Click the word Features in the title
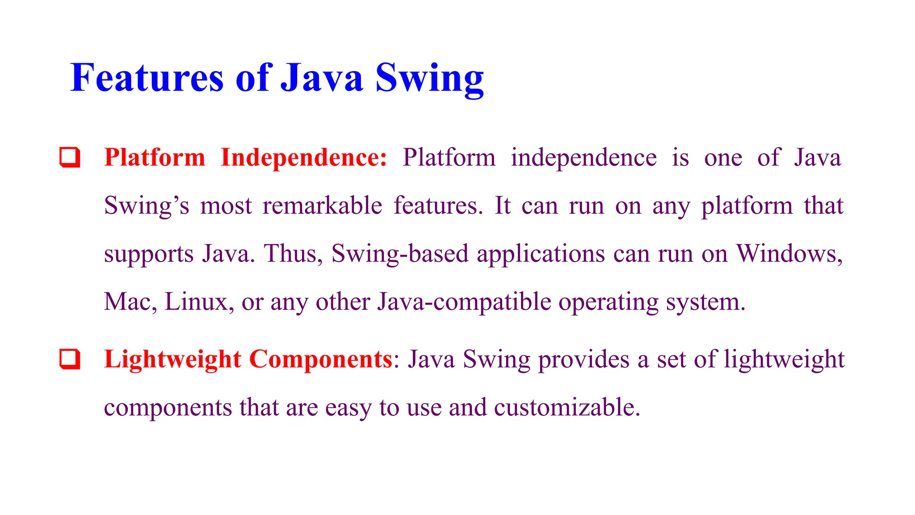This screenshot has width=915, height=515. click(147, 78)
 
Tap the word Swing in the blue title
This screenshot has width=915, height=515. click(429, 79)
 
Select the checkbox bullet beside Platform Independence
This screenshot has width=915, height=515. click(70, 157)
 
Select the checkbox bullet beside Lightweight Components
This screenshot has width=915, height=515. click(70, 359)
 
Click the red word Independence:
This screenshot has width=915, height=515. click(304, 158)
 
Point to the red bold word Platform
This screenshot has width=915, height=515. click(155, 158)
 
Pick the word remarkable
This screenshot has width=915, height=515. click(322, 206)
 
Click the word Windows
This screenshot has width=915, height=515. click(789, 253)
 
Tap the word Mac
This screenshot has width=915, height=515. click(130, 302)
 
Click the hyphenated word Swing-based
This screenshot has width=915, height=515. click(399, 253)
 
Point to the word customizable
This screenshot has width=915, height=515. click(567, 407)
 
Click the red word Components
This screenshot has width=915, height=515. click(320, 359)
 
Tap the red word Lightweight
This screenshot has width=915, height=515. click(172, 359)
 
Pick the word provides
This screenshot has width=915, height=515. click(583, 360)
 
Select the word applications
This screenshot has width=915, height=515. click(541, 254)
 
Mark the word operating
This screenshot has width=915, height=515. click(609, 303)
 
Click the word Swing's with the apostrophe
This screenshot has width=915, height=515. click(147, 207)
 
